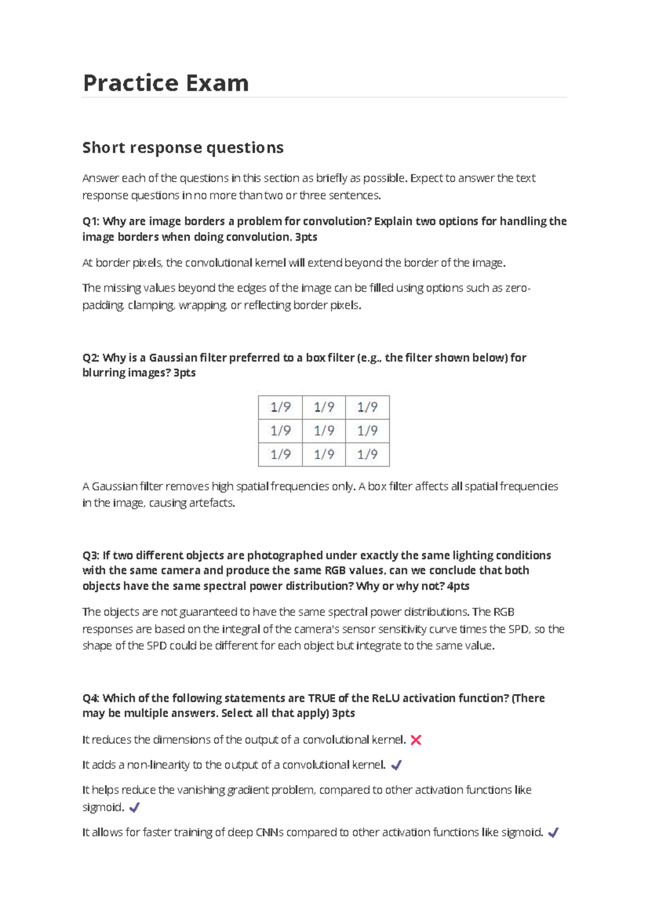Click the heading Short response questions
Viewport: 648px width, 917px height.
pos(183,147)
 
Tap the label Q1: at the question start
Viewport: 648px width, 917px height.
pos(91,221)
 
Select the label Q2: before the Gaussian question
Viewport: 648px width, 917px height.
pos(91,358)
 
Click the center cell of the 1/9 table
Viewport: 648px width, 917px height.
pos(324,430)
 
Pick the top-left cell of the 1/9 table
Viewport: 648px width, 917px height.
pos(280,407)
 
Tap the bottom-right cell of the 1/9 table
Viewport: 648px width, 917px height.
pos(367,454)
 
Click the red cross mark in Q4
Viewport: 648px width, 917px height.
pos(416,740)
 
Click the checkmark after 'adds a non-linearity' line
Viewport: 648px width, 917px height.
pos(396,765)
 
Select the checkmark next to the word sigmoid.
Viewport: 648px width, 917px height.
pos(134,807)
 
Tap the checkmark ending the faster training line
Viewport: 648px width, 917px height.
pos(553,833)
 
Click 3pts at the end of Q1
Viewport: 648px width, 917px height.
pos(306,237)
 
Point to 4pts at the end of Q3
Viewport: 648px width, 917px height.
pos(458,586)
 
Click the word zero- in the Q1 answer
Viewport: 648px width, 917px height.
pos(517,288)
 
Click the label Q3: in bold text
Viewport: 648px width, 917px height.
pos(91,555)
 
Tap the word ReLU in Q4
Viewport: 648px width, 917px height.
pos(386,698)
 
